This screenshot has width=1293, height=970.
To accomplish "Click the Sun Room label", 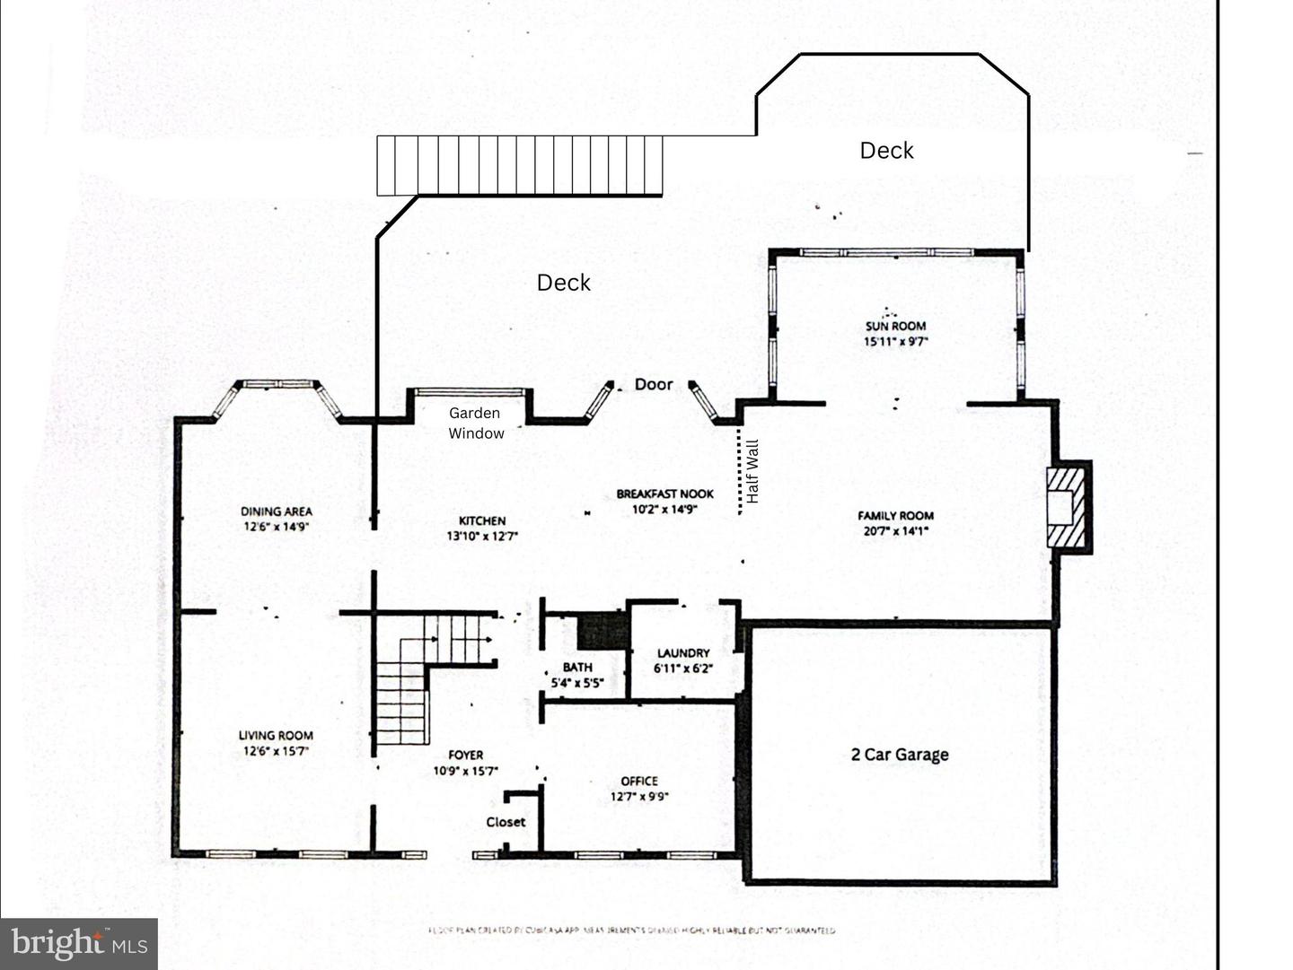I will click(x=895, y=326).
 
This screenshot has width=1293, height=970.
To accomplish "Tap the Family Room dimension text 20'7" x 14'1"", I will click(x=895, y=530).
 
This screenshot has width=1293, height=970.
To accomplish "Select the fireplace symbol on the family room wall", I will click(x=1069, y=506).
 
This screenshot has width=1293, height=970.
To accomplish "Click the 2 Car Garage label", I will click(x=900, y=755).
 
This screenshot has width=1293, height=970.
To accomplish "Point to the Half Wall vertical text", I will click(x=752, y=471).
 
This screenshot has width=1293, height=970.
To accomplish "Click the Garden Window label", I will click(x=475, y=423).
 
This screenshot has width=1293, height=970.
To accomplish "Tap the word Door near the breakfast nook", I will click(x=653, y=384).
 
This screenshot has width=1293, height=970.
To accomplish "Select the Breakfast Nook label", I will click(x=664, y=494).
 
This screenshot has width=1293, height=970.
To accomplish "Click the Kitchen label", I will click(x=482, y=520).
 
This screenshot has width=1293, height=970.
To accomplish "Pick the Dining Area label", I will click(x=276, y=511).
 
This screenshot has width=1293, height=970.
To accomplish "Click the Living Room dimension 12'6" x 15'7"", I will click(x=276, y=751).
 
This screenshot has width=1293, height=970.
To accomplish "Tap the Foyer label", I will click(x=465, y=756).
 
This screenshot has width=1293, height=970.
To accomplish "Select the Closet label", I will click(x=506, y=822).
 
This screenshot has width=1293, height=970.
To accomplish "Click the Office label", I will click(x=639, y=781).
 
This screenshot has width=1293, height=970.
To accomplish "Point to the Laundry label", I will click(x=683, y=653).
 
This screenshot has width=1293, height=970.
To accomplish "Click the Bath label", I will click(x=577, y=667).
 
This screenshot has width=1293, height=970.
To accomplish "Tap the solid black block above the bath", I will click(x=603, y=632).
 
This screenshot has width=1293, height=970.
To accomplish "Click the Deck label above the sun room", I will click(x=886, y=151).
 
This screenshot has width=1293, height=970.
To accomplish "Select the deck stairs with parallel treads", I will click(x=519, y=165).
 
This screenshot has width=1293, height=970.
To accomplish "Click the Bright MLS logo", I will click(x=79, y=944).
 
